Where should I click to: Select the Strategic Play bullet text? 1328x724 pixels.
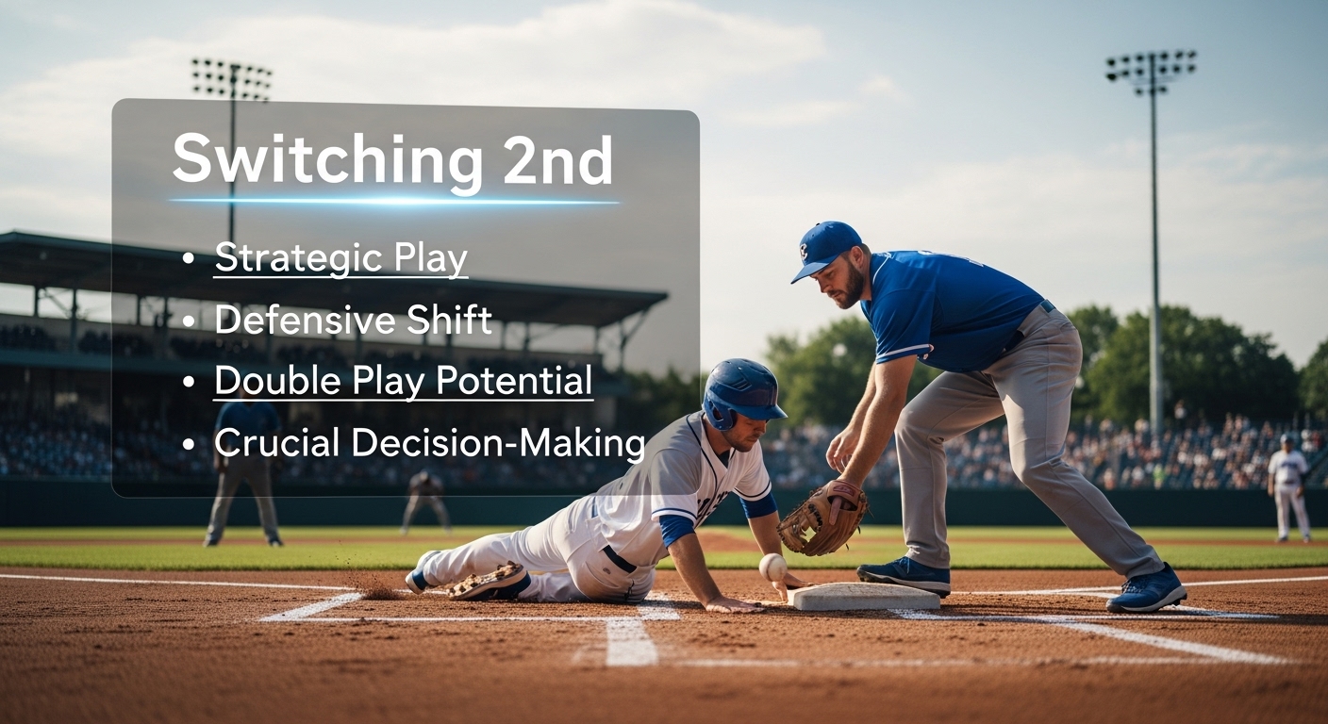point(340,257)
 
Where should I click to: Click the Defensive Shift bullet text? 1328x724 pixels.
point(353,320)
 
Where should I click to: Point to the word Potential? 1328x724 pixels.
point(514,380)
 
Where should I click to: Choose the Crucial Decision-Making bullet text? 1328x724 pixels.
point(430,442)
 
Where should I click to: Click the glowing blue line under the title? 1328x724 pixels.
point(394,201)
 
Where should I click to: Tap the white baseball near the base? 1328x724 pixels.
point(772,567)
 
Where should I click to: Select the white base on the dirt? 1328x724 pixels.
point(866,596)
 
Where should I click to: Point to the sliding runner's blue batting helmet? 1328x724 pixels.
point(742,392)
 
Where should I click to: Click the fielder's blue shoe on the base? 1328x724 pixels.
point(904,575)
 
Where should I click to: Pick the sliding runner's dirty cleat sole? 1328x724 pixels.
point(488,582)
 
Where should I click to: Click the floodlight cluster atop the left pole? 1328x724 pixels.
point(232,79)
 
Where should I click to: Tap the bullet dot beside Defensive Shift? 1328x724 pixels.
point(190,321)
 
